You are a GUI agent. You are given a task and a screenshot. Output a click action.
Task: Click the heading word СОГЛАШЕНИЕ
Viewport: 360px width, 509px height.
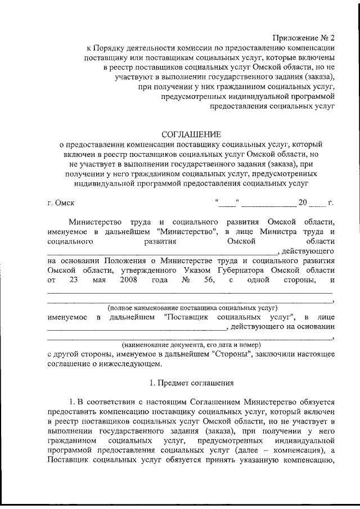pyautogui.click(x=191, y=134)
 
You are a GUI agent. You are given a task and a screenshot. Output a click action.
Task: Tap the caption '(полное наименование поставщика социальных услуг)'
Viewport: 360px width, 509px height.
pyautogui.click(x=192, y=308)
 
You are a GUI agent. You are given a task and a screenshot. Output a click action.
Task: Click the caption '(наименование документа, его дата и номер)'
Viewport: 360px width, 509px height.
pyautogui.click(x=191, y=344)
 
